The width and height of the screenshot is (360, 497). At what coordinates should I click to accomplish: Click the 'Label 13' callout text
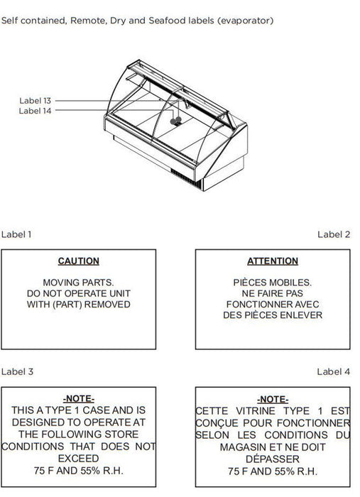point(36,101)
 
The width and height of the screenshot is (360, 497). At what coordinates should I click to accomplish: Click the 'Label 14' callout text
point(35,111)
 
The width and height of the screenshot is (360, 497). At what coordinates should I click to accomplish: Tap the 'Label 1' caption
point(16,234)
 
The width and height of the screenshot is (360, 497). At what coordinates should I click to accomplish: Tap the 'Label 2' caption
point(334,234)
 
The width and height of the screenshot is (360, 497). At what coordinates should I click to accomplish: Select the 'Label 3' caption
point(17,371)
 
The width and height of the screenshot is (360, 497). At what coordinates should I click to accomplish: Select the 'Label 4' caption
point(334,371)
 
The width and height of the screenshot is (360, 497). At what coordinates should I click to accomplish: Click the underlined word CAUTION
point(79,261)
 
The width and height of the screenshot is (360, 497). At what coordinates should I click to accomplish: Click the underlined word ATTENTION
point(273,261)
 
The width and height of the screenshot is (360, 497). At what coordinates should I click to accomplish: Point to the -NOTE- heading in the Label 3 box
point(79,398)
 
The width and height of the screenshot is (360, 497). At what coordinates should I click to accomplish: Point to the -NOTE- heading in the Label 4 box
point(273,399)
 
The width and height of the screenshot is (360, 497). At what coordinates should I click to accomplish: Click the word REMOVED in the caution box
point(107,305)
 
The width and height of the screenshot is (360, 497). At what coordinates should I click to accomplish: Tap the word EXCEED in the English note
point(79,459)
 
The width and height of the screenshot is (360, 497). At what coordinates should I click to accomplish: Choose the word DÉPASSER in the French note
point(273,459)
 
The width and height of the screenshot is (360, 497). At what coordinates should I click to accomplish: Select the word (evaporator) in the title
point(245,21)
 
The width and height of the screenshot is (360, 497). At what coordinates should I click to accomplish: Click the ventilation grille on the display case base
point(186,179)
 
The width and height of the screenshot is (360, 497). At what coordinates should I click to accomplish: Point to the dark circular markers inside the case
point(176,121)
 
